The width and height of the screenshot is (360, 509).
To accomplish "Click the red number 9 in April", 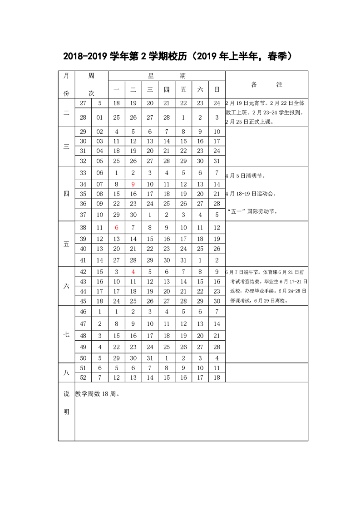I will click(x=133, y=184).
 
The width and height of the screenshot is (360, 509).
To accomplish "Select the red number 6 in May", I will click(x=116, y=228).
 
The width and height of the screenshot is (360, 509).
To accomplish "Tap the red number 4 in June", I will click(x=133, y=272).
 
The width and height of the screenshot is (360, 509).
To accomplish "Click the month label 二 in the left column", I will click(x=66, y=113).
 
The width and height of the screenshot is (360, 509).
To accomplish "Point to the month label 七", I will click(x=66, y=334).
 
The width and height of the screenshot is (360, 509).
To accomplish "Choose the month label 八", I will click(x=66, y=372).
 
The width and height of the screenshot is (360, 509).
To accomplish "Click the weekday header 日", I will click(x=217, y=90).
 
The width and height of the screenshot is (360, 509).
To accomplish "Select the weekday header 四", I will click(x=167, y=90).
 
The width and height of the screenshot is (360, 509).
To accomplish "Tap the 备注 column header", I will click(x=266, y=85).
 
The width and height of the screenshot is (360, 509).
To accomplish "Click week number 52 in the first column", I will click(x=83, y=377).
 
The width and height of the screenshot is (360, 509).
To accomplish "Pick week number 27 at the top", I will click(x=83, y=103).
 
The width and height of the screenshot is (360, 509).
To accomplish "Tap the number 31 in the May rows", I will click(x=183, y=260).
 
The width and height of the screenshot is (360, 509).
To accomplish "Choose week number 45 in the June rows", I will click(x=83, y=301).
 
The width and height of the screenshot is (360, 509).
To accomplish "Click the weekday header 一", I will click(x=116, y=90).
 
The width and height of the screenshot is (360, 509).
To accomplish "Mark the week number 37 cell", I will click(x=83, y=215).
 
